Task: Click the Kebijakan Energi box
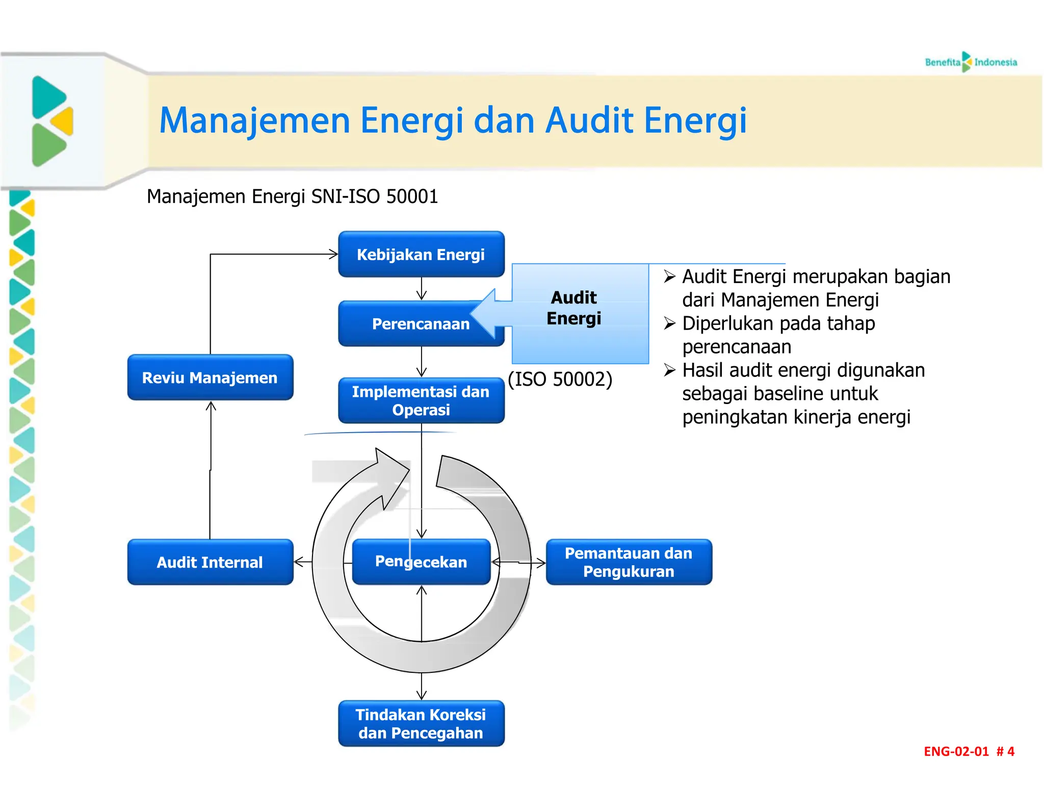tap(421, 254)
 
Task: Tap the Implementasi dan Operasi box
tap(421, 400)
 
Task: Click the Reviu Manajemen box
tap(210, 377)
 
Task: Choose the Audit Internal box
tap(210, 562)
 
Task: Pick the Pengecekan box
tap(421, 562)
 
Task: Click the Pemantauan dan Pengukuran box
tap(629, 562)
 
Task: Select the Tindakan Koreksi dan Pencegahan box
tap(421, 723)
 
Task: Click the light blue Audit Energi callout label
tap(574, 308)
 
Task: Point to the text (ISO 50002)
tap(560, 379)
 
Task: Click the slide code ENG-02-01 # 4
tap(969, 751)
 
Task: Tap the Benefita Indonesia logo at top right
tap(971, 62)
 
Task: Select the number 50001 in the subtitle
tap(412, 196)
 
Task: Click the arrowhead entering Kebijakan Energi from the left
tap(333, 254)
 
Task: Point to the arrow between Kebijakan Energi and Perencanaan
tap(422, 289)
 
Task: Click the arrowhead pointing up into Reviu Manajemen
tap(211, 407)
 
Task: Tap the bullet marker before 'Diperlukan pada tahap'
tap(669, 323)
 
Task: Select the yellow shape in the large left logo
tap(63, 121)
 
